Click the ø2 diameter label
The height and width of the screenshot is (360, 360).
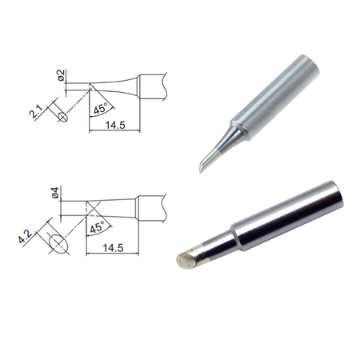[61, 74]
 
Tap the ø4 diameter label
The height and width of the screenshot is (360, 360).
[55, 193]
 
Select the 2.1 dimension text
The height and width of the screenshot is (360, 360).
[36, 111]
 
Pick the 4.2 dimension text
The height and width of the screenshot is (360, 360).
[26, 236]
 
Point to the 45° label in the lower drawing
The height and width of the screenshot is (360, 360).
[97, 227]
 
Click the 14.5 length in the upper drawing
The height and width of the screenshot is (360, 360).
[115, 125]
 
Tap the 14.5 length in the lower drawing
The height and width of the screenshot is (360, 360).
[113, 248]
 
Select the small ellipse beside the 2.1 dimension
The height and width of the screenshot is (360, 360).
[62, 117]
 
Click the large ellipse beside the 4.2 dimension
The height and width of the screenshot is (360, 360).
[58, 243]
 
